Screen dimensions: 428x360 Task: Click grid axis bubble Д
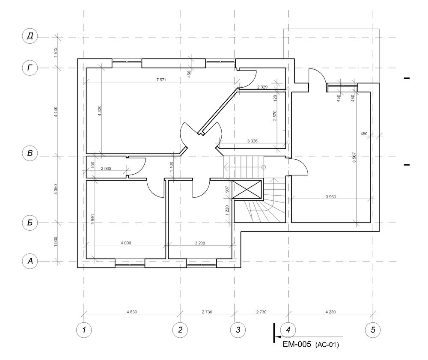pyautogui.click(x=30, y=36)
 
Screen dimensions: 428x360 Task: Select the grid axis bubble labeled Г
pyautogui.click(x=30, y=67)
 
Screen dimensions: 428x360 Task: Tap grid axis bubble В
pyautogui.click(x=30, y=153)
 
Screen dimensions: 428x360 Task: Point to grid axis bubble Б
pyautogui.click(x=30, y=223)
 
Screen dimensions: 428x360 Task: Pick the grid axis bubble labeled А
pyautogui.click(x=30, y=261)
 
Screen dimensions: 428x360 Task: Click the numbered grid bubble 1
pyautogui.click(x=84, y=330)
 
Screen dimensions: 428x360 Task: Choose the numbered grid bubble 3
pyautogui.click(x=238, y=330)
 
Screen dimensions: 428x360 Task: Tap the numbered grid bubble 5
pyautogui.click(x=373, y=330)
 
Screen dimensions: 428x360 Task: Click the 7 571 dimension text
pyautogui.click(x=161, y=80)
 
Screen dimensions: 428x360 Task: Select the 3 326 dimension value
pyautogui.click(x=252, y=141)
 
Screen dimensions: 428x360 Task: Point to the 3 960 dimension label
pyautogui.click(x=331, y=196)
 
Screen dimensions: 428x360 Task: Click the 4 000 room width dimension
pyautogui.click(x=126, y=243)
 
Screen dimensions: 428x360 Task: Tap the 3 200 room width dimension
pyautogui.click(x=200, y=243)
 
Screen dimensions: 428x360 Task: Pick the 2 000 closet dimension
pyautogui.click(x=106, y=168)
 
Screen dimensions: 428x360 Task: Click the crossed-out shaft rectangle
pyautogui.click(x=247, y=189)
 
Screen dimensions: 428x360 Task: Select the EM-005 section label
pyautogui.click(x=297, y=344)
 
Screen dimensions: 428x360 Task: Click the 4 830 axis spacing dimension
pyautogui.click(x=132, y=312)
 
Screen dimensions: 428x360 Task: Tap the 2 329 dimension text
pyautogui.click(x=262, y=87)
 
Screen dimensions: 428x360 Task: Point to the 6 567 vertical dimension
pyautogui.click(x=354, y=157)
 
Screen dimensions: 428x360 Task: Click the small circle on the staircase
pyautogui.click(x=263, y=167)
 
